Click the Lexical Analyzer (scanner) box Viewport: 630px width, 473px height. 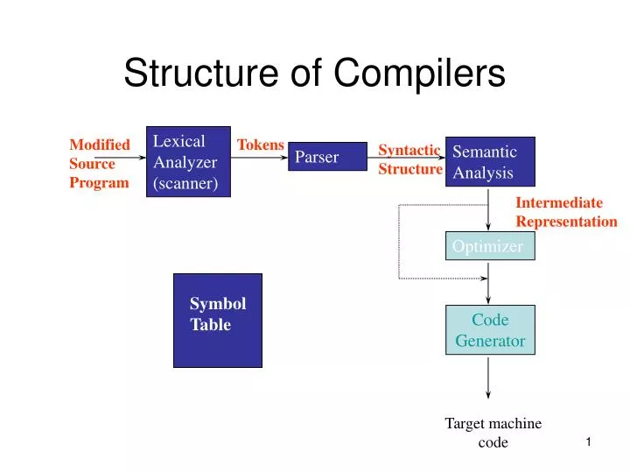point(188,162)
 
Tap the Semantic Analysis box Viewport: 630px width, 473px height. point(490,162)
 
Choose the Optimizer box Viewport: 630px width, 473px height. point(489,247)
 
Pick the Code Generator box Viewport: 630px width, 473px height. point(490,330)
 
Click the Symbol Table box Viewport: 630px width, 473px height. point(218,320)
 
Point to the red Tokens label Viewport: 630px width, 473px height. point(261,145)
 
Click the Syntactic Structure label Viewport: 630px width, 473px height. point(409,159)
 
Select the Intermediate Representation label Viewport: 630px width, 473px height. point(566,212)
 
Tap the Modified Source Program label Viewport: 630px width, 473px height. point(99,164)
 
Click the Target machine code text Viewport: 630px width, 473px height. point(493,433)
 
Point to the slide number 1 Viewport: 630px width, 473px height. point(589,443)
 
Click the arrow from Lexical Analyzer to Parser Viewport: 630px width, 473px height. point(260,157)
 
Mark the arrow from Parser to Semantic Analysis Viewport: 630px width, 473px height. point(407,157)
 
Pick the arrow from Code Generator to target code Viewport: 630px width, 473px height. point(488,377)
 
